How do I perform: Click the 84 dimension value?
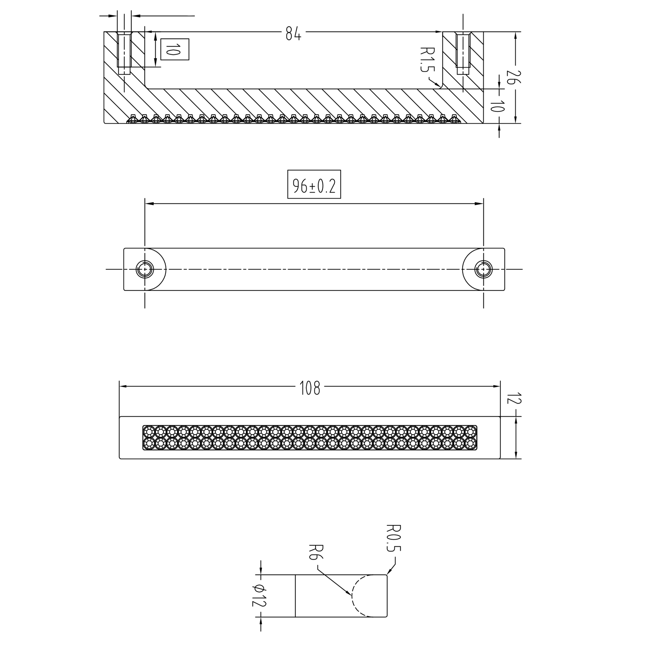(x=293, y=33)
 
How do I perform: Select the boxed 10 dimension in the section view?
(x=175, y=49)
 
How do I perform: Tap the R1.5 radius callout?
(x=427, y=59)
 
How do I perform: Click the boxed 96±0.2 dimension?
(x=314, y=184)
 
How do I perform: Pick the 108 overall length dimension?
(x=310, y=388)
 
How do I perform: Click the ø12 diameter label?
(x=259, y=596)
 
